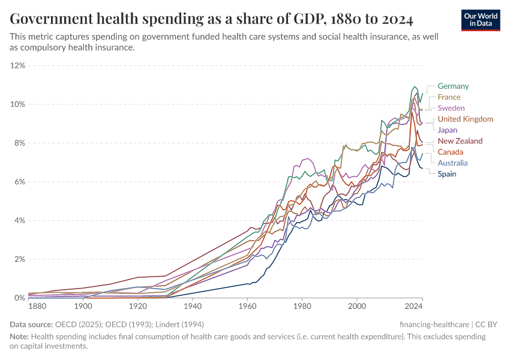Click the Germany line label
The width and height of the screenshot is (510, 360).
pos(453,86)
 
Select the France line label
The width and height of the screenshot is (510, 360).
pos(449,97)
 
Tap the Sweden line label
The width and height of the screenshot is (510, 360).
pos(451,108)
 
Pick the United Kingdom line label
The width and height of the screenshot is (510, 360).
pos(465,119)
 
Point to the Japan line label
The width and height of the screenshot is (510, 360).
pos(447,130)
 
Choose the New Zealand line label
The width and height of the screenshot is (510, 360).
pos(460,141)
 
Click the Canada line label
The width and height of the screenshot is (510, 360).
pos(450,152)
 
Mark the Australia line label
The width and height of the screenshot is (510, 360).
pos(452,163)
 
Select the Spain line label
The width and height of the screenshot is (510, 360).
pos(447,174)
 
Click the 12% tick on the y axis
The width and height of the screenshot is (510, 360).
pos(17,65)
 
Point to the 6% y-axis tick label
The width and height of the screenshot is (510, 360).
pos(19,182)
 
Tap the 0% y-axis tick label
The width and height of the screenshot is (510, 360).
pos(19,298)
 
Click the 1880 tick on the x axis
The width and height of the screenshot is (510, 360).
pos(37,307)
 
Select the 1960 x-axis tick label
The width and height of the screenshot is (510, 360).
pos(247,307)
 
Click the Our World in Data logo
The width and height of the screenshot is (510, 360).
pos(481,20)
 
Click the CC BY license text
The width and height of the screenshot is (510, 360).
pos(487,324)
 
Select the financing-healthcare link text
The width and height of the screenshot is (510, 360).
pos(433,324)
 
